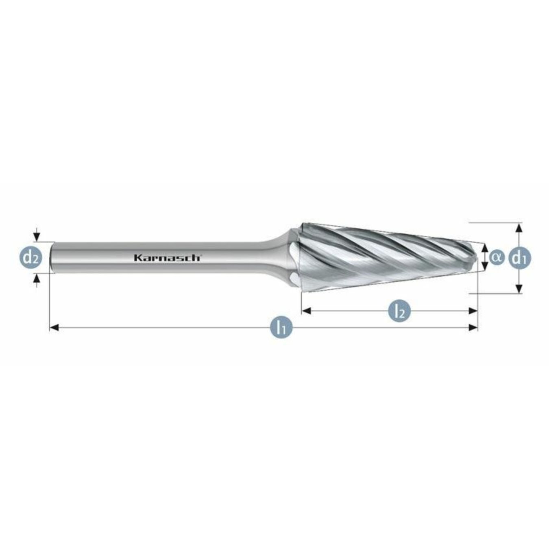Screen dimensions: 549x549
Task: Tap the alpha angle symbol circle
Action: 497,257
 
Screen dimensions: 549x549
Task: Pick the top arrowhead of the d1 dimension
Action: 518,227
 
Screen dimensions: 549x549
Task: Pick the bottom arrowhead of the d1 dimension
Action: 518,289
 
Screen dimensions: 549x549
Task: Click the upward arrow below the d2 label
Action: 37,278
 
